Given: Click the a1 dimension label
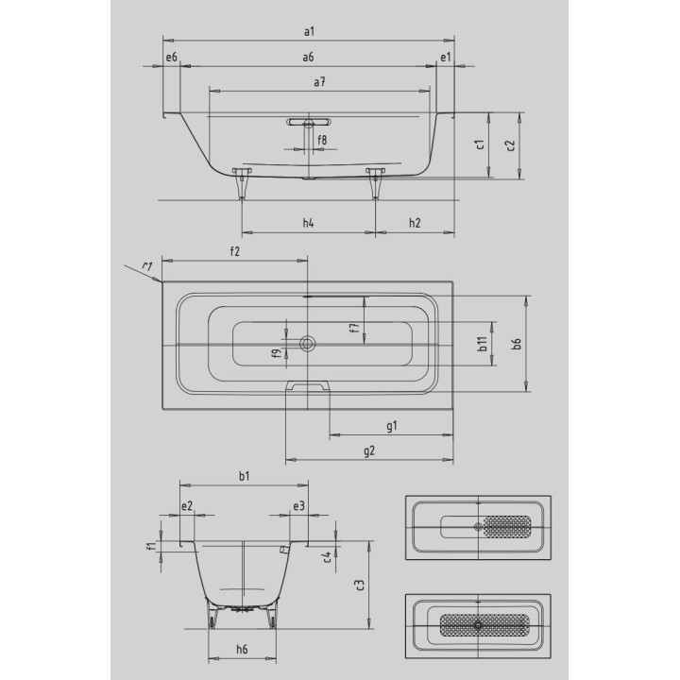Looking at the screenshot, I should click(x=309, y=32).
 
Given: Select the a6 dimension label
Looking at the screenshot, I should click(x=309, y=59).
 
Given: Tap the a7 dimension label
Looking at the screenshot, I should click(x=320, y=83).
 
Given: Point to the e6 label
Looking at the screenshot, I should click(x=171, y=59).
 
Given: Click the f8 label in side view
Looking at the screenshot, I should click(x=322, y=140).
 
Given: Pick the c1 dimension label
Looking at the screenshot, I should click(x=480, y=144).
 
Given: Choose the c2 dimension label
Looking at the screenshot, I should click(x=510, y=144).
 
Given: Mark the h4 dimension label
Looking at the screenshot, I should click(x=308, y=223).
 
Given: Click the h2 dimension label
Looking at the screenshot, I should click(x=415, y=223).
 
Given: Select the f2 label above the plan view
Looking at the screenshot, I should click(x=234, y=251).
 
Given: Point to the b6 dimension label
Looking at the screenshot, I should click(x=517, y=344).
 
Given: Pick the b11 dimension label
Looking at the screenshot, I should click(x=482, y=345).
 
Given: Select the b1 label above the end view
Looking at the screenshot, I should click(x=244, y=476).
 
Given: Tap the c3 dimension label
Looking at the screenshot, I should click(x=359, y=584).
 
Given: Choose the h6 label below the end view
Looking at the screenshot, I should click(x=242, y=649).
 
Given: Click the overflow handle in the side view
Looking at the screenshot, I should click(x=308, y=122).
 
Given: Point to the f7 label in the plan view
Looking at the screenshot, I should click(x=353, y=329).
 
